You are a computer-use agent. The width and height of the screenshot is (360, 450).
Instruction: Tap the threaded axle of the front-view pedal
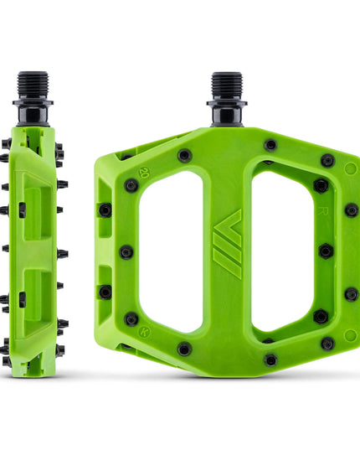tap(226, 85)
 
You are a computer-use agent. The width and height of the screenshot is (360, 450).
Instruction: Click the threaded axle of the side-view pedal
tap(33, 86)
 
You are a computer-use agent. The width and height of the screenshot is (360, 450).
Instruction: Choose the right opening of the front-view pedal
tap(282, 251)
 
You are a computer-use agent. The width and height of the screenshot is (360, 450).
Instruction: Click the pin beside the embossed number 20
tap(131, 185)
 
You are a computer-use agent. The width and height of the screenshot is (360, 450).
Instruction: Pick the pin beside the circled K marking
tap(131, 318)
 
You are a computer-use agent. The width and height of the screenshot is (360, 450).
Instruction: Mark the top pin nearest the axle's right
tap(270, 145)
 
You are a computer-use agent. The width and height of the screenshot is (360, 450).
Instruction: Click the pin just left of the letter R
tap(321, 185)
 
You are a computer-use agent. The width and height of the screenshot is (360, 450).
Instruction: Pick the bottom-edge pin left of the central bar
tap(184, 348)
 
